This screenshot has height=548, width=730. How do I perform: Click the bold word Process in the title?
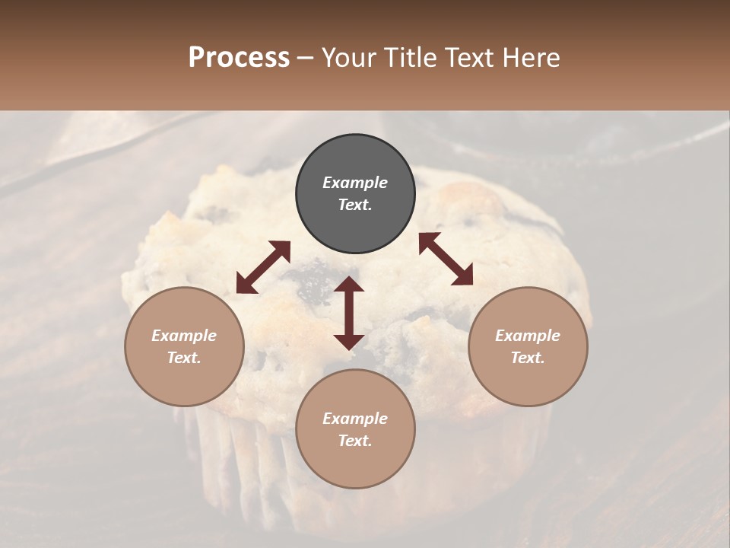pos(239,58)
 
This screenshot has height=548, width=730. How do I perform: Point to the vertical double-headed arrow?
pos(349,313)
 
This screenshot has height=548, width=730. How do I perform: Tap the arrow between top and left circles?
pos(263,266)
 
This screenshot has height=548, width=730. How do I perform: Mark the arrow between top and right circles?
pos(446,259)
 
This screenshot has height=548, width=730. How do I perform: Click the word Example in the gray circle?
pos(355,183)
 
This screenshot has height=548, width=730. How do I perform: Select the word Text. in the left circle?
pos(184,358)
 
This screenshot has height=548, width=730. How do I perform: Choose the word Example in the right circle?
pos(528,336)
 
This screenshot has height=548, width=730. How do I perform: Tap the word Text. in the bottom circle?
pos(355,441)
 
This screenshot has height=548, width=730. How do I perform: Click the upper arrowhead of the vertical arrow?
pos(349,284)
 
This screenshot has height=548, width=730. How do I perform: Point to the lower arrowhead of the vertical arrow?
pos(349,342)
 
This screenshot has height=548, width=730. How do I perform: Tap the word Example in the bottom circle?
pos(355,419)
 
